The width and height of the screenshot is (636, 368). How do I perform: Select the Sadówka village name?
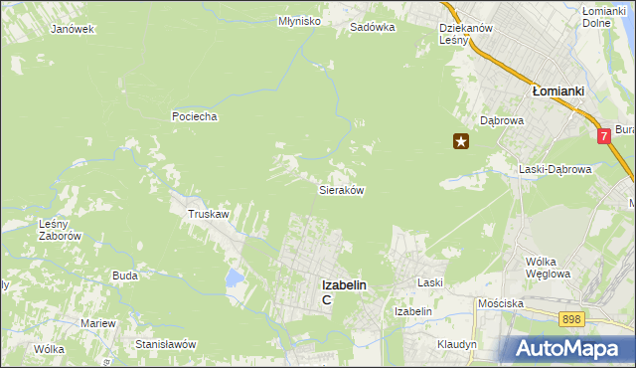(x=372, y=28)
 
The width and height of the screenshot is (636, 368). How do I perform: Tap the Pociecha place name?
(x=194, y=116)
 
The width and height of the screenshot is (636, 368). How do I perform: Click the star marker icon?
(x=461, y=142)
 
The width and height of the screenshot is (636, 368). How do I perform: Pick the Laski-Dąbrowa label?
(x=555, y=169)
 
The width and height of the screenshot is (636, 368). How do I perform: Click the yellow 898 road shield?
(x=570, y=318)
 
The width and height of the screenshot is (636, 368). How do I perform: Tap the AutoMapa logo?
(x=568, y=348)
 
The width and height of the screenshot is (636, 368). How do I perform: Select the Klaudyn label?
(x=457, y=344)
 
